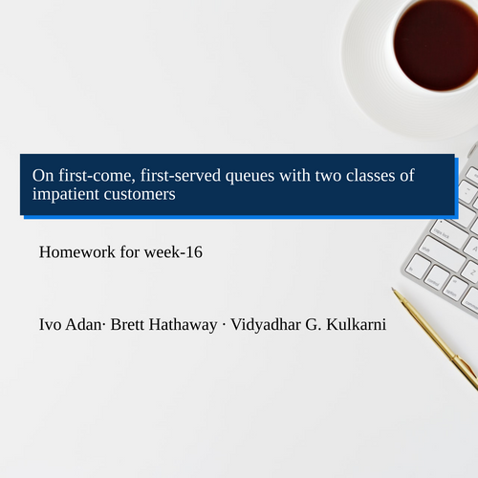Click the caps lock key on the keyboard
pos(448,235)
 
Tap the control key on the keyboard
pos(437,278)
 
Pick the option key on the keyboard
pos(457,289)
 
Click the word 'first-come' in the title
pos(91,175)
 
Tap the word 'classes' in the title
pos(377,175)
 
